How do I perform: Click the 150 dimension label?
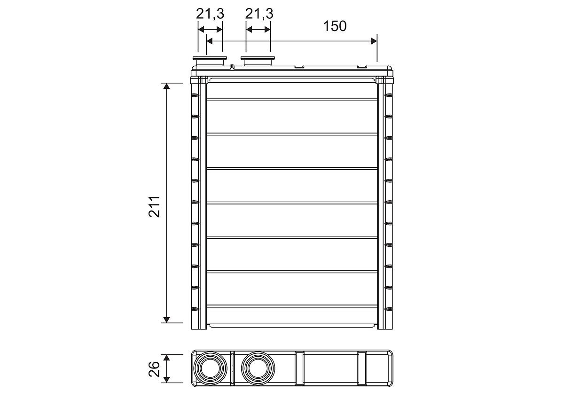coord(335,26)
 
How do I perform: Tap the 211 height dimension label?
coord(154,207)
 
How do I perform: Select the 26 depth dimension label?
coord(154,369)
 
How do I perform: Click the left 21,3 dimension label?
coord(210,14)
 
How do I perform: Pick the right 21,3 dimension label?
coord(259,14)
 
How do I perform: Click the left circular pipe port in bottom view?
coord(210,368)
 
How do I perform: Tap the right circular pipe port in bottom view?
coord(258,368)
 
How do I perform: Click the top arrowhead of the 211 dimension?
coord(166,86)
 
